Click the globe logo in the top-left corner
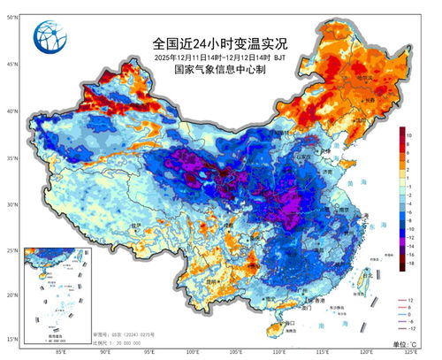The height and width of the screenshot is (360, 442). pyautogui.click(x=49, y=37)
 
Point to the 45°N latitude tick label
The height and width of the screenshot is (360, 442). pyautogui.click(x=11, y=65)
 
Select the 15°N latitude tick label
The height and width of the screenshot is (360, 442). pyautogui.click(x=11, y=338)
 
